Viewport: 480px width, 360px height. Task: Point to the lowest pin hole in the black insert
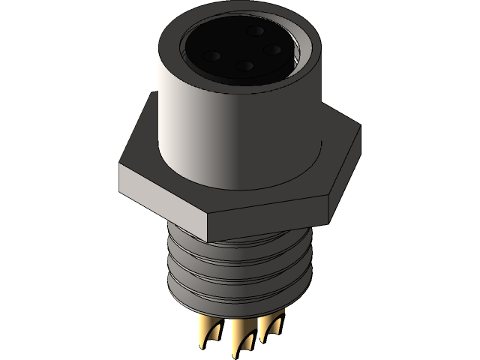point(244,66)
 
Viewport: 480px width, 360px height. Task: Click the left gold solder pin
point(207,334)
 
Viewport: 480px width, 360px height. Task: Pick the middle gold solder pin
point(241,339)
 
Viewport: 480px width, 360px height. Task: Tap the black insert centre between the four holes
point(242,49)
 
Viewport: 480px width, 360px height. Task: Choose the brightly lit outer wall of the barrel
point(195,127)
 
